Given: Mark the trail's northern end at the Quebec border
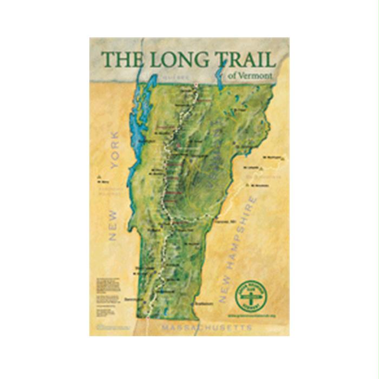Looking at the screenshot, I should click(195, 88).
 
